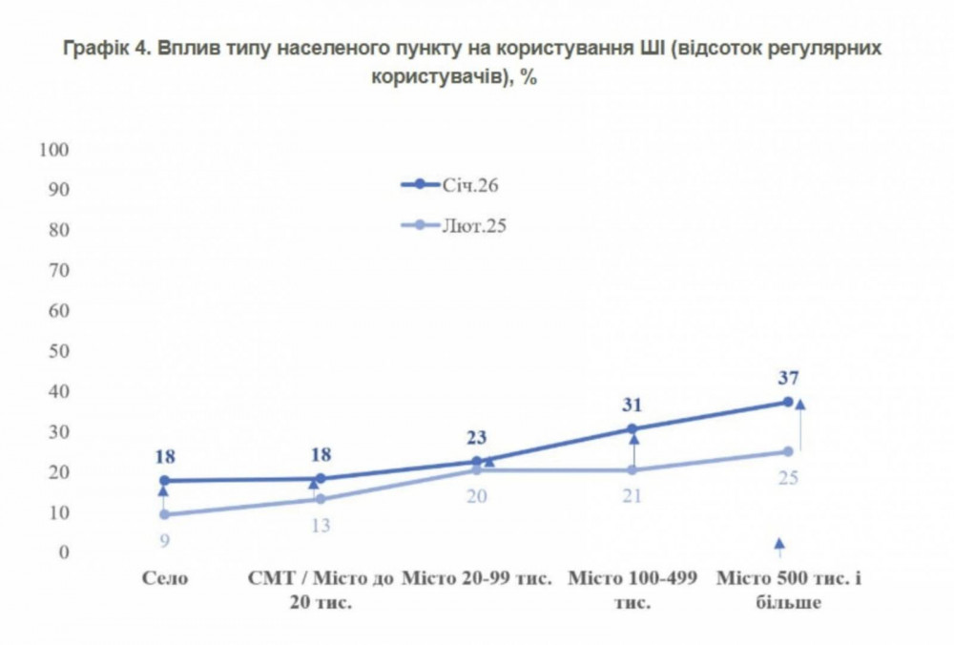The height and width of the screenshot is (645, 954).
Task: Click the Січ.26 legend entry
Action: click(x=467, y=185)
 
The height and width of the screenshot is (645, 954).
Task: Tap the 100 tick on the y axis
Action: click(x=54, y=150)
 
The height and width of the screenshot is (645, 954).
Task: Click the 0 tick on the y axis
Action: click(x=64, y=552)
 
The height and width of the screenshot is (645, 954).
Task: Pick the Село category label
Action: click(x=165, y=578)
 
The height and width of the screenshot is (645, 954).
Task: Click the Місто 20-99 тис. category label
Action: click(x=476, y=578)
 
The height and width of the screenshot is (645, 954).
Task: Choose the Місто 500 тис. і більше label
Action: click(x=789, y=590)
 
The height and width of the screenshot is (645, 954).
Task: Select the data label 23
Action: click(x=476, y=438)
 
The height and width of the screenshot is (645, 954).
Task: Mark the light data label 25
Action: click(x=788, y=477)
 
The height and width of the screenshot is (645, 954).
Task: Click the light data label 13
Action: click(x=321, y=524)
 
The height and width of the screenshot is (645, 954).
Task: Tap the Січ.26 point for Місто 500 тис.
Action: click(x=788, y=402)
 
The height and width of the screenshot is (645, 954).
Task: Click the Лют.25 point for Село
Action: click(x=164, y=514)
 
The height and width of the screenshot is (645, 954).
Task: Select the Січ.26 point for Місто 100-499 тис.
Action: click(x=633, y=428)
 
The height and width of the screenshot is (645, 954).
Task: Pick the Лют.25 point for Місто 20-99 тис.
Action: click(x=476, y=470)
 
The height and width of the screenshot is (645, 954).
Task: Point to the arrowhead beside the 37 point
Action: click(x=799, y=405)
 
